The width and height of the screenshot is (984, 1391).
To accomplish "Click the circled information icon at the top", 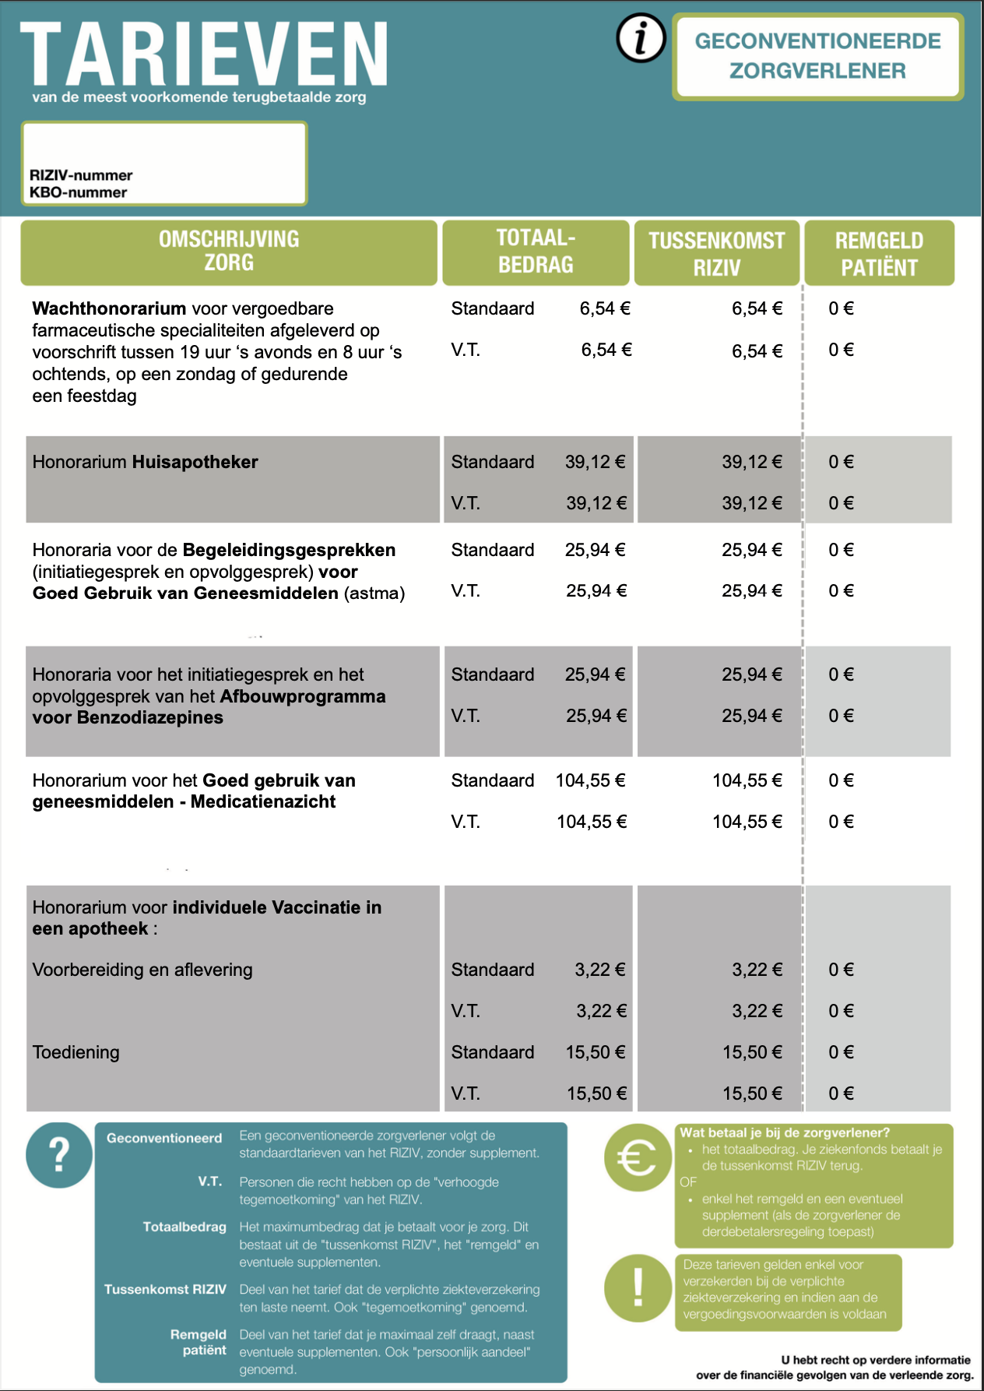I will (x=641, y=38).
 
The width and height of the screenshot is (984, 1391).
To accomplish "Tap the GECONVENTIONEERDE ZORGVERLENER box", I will (x=817, y=56).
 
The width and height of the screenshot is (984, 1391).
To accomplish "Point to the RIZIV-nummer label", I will (x=81, y=175).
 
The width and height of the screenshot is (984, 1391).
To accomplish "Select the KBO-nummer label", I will (x=78, y=192).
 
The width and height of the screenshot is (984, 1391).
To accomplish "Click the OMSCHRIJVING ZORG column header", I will (x=229, y=251).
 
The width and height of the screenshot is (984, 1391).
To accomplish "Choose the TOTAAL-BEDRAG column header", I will (x=536, y=251).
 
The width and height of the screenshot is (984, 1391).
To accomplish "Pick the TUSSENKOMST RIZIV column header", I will (x=717, y=253).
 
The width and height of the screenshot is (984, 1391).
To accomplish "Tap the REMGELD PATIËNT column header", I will (x=879, y=253).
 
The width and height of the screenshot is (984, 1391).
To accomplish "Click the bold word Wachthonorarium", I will (x=109, y=308).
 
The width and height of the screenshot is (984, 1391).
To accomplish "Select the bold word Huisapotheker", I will (x=195, y=462).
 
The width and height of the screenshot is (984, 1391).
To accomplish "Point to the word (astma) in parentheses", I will (x=374, y=593).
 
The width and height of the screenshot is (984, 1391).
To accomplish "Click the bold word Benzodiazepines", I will (x=150, y=717).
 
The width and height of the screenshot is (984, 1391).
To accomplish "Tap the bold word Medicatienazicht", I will (x=263, y=801).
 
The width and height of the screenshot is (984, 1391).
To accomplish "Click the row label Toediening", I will (x=76, y=1052).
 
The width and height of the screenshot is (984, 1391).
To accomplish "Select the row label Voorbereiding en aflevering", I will (x=142, y=970).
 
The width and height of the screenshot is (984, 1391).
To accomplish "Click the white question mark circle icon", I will (x=59, y=1155).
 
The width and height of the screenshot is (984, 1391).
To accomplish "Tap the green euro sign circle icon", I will (x=637, y=1158).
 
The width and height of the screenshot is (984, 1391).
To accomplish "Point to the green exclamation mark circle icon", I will (x=638, y=1287).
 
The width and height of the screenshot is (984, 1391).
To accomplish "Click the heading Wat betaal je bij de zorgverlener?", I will (x=785, y=1132).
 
